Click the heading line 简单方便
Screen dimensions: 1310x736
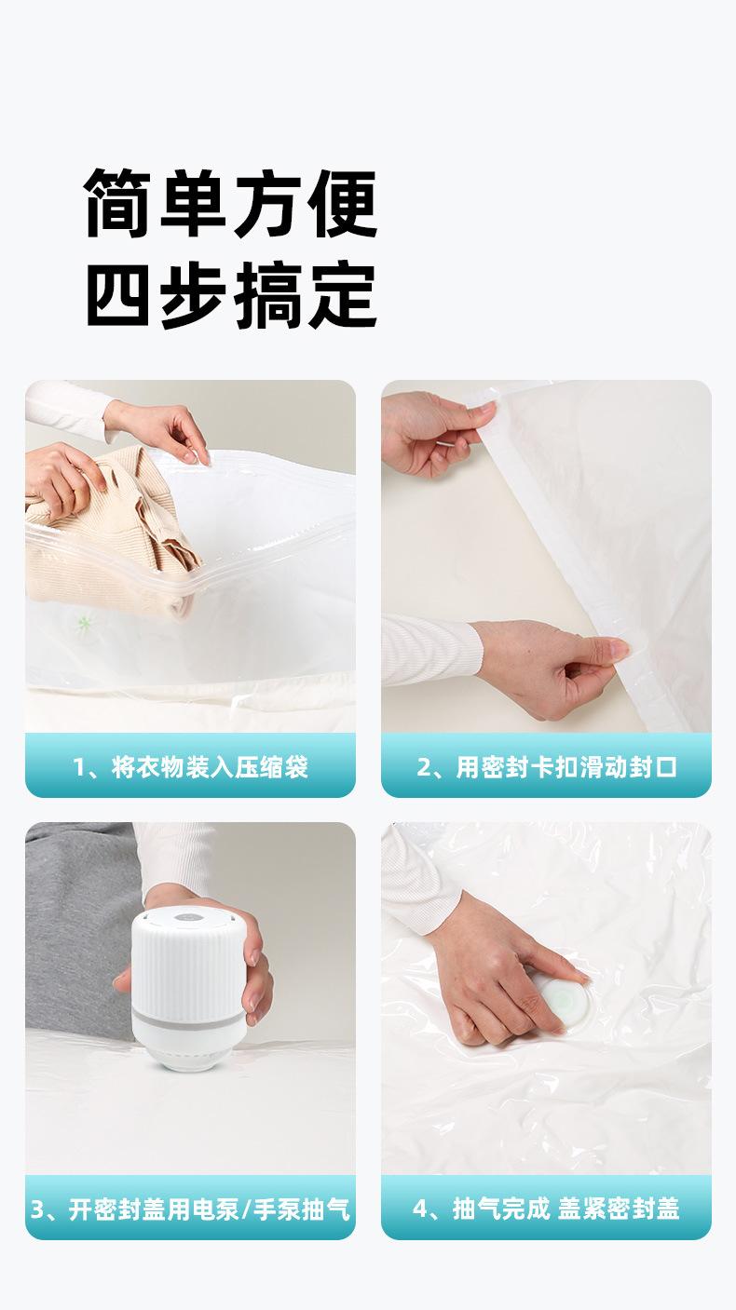click(x=231, y=204)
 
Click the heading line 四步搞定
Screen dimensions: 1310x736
click(x=231, y=295)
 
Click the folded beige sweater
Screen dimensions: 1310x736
click(x=102, y=531)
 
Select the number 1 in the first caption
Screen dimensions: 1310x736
click(x=79, y=768)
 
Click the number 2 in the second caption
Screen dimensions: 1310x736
click(x=424, y=768)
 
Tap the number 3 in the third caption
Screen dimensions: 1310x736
click(x=38, y=1209)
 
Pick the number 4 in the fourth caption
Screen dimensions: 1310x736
click(x=420, y=1209)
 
